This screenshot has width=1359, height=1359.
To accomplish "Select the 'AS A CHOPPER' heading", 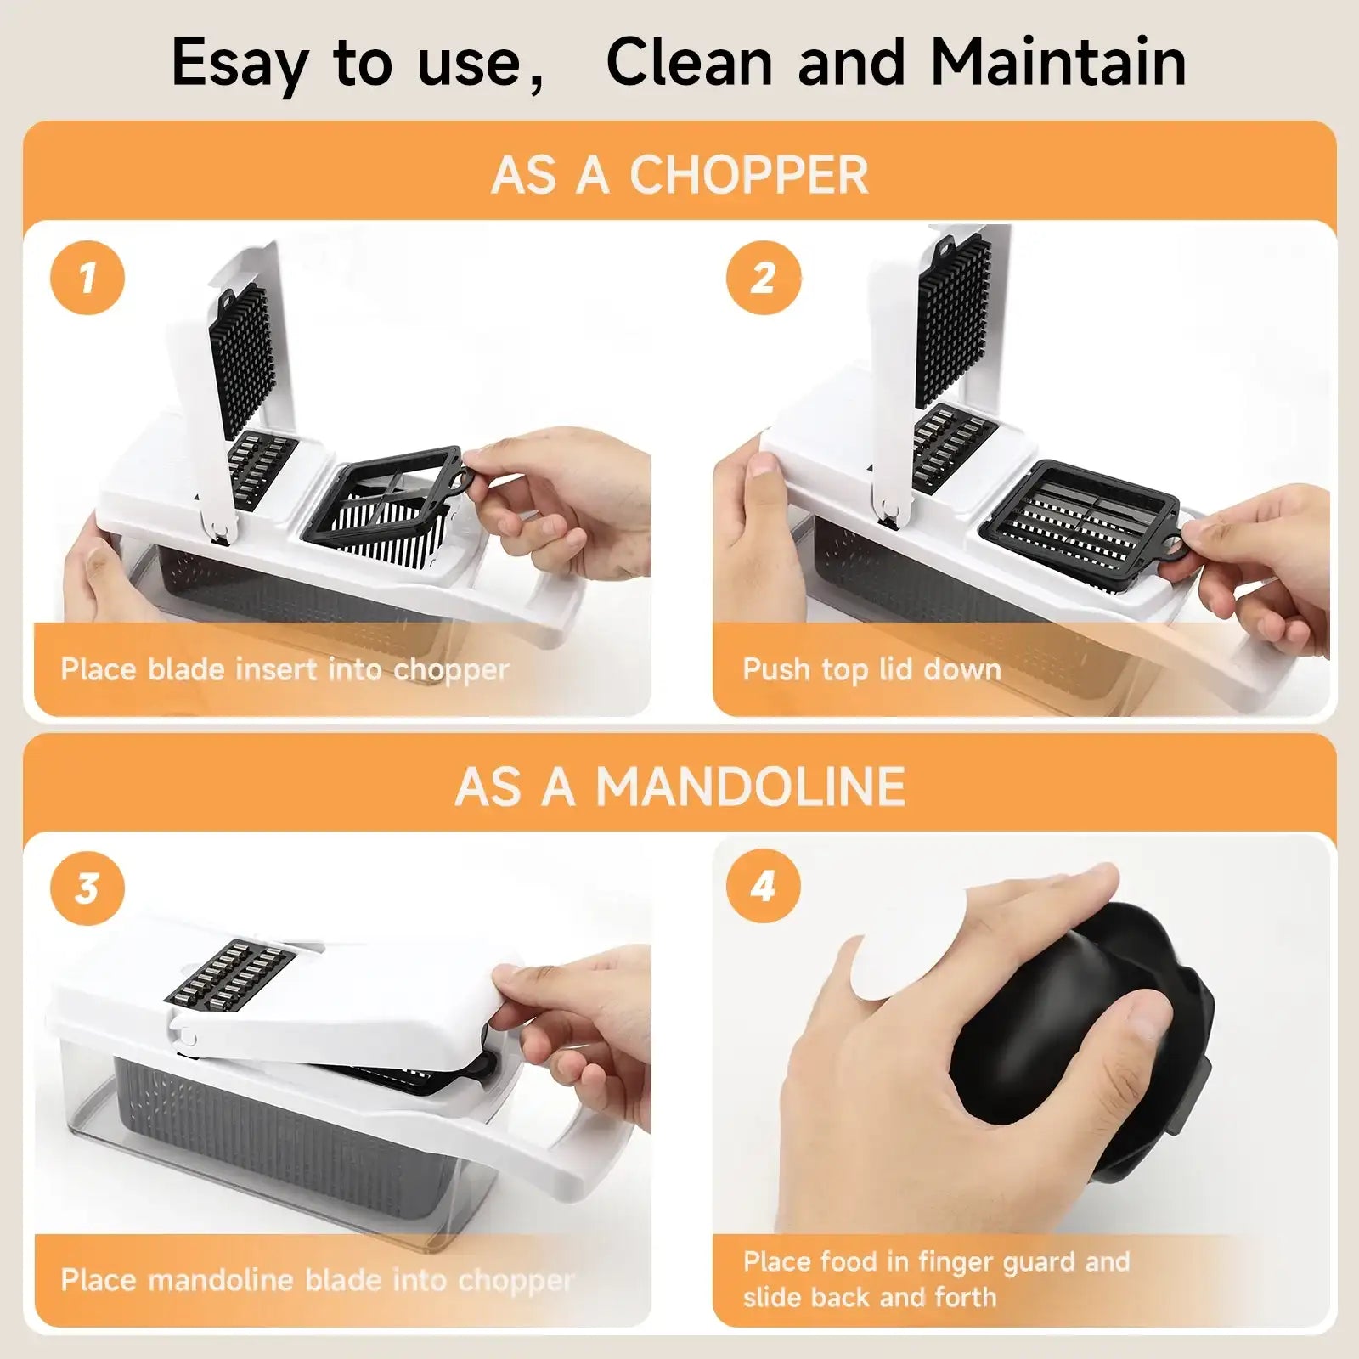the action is [x=679, y=174].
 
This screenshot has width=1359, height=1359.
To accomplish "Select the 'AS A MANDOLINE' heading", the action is [x=679, y=786].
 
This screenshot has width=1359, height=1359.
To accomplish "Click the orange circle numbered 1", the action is [x=87, y=278].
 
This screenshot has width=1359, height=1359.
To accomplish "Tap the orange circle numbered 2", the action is [x=763, y=278].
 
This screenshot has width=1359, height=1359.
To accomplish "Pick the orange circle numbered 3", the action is [x=87, y=888].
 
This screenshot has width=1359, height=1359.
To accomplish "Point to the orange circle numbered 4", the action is [x=763, y=886].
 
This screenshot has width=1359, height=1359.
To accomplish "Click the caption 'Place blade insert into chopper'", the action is [x=285, y=669].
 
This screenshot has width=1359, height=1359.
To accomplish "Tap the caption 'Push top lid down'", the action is [x=872, y=669].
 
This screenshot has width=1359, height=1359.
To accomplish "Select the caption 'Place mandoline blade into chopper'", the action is [x=317, y=1280].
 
